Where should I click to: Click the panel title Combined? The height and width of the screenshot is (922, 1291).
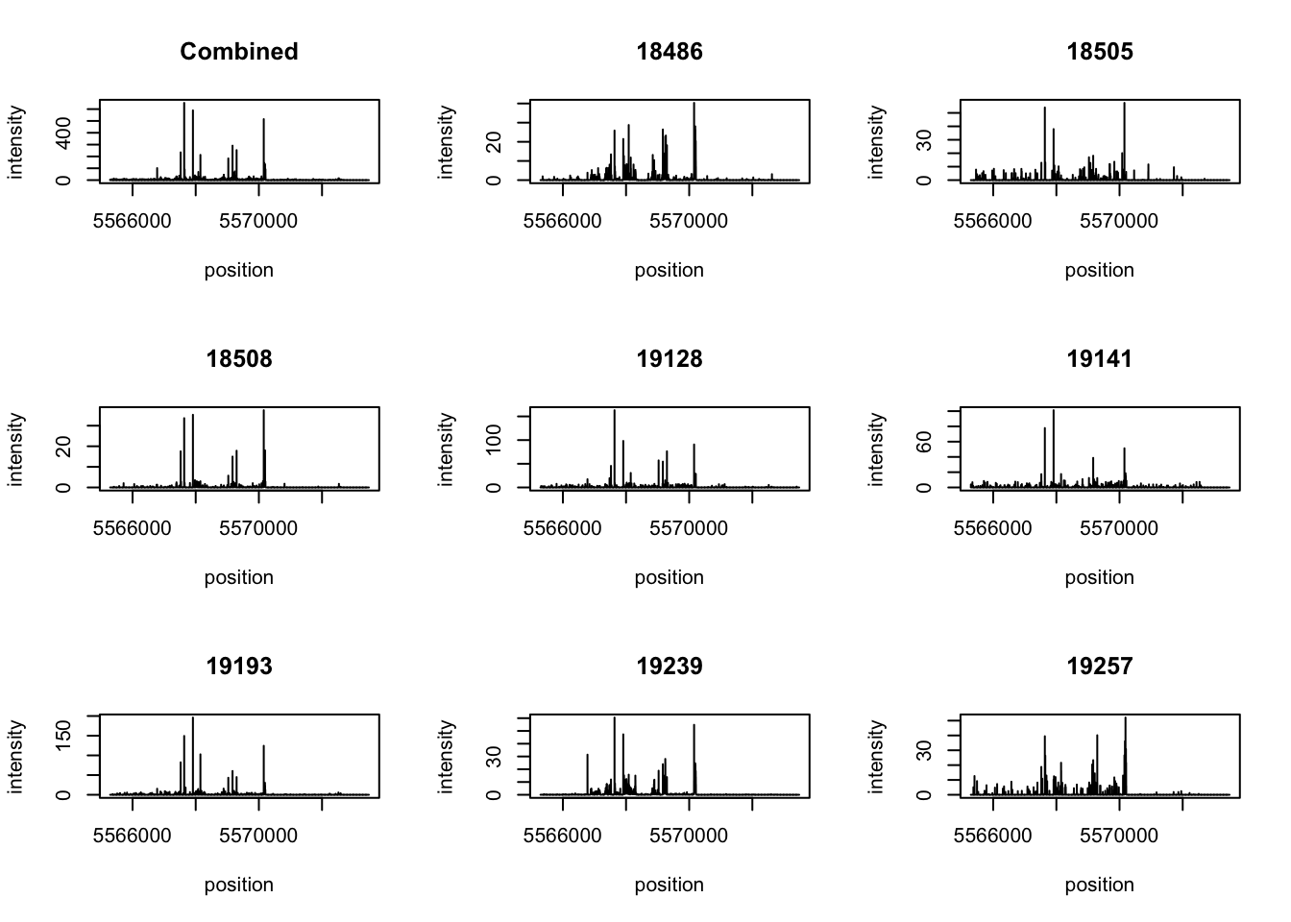click(239, 52)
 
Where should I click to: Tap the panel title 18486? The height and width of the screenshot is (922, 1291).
click(670, 52)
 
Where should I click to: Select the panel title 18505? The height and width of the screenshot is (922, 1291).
click(1100, 52)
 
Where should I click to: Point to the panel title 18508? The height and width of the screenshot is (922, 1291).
click(239, 359)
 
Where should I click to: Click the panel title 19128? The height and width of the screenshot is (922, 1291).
click(670, 359)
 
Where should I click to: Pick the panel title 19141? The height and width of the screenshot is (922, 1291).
click(1100, 359)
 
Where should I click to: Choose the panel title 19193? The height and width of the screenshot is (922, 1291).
click(239, 667)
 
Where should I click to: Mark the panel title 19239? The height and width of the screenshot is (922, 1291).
click(670, 667)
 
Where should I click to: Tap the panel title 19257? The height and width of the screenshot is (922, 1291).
click(1100, 667)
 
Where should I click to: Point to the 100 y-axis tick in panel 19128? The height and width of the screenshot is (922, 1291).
click(494, 440)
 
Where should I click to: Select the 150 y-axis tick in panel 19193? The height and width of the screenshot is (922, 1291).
click(63, 736)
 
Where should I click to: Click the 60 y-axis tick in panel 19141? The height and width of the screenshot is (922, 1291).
click(924, 442)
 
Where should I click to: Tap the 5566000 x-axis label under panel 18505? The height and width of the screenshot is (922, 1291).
click(992, 221)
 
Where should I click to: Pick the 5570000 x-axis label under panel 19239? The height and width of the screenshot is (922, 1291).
click(689, 836)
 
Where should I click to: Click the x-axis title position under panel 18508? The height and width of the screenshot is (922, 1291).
click(239, 577)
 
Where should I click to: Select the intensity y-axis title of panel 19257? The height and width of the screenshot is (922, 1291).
click(876, 757)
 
